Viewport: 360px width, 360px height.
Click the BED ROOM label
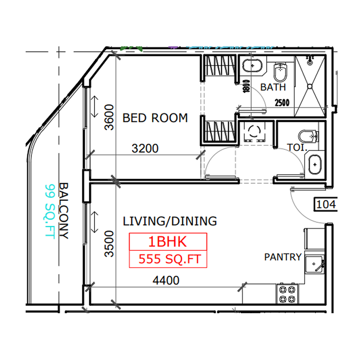click(x=155, y=118)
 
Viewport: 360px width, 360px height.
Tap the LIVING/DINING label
click(x=170, y=221)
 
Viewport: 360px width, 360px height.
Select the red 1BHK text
click(x=167, y=242)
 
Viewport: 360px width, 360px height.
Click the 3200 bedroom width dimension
click(x=145, y=148)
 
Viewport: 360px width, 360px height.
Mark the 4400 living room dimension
click(x=166, y=281)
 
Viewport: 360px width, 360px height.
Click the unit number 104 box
click(x=326, y=205)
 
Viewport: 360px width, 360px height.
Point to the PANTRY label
click(x=283, y=257)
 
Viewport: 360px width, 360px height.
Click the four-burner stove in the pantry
click(x=287, y=294)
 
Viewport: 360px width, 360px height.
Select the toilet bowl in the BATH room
click(x=280, y=71)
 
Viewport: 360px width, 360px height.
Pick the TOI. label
click(x=297, y=147)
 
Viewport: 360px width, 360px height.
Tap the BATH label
click(x=273, y=87)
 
